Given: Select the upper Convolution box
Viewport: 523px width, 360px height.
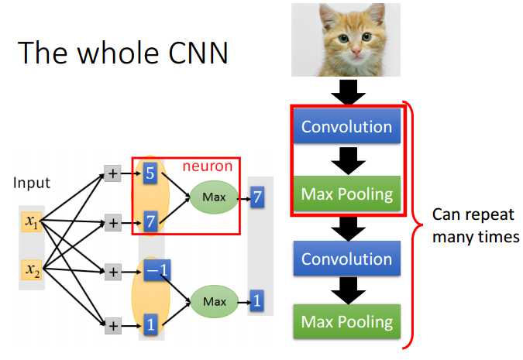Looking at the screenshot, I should [x=346, y=126].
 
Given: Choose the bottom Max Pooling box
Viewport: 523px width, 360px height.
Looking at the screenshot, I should [x=346, y=321].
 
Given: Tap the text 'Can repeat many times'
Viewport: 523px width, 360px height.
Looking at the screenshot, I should [x=475, y=225].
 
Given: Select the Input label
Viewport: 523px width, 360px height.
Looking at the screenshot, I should [x=31, y=183].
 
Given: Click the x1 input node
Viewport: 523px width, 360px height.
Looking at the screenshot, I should [x=31, y=223].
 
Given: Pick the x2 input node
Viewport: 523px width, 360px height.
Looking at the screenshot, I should [x=31, y=270].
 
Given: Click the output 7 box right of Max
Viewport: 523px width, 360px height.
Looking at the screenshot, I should [x=256, y=199].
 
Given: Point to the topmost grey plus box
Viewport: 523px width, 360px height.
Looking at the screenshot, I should [x=112, y=174].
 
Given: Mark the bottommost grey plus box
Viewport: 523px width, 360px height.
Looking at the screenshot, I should [x=112, y=324].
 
